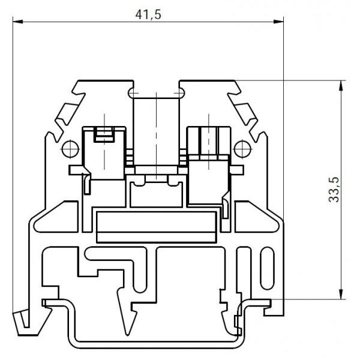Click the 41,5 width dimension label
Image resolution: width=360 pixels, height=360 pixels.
tap(148, 14)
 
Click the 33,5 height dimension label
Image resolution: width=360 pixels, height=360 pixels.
tap(334, 190)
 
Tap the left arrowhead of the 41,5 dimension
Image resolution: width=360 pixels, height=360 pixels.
tap(18, 22)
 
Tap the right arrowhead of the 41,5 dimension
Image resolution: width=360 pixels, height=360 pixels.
tap(278, 22)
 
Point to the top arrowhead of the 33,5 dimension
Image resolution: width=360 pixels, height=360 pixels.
tap(341, 85)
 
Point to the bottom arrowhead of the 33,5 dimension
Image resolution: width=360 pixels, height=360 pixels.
tap(341, 295)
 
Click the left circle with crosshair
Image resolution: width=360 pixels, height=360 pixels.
tap(70, 149)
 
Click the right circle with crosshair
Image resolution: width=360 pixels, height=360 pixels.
tap(242, 149)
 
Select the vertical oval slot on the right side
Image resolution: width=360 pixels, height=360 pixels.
tap(267, 268)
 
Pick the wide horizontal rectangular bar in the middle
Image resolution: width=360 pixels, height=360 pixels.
tap(157, 227)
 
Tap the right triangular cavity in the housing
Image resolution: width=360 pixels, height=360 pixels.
tap(256, 217)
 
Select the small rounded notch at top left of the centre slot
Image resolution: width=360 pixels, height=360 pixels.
tap(132, 93)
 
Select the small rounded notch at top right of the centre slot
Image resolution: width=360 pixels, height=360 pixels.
tap(181, 93)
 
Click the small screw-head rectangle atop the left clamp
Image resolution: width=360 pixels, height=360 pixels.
tap(104, 134)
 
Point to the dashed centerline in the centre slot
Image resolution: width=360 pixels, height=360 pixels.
tap(156, 136)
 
